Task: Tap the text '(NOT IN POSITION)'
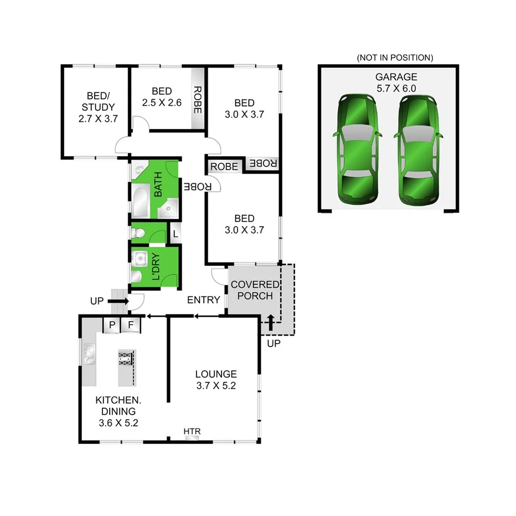(395, 58)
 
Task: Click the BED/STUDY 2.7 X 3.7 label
(98, 106)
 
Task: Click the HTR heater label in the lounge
(192, 431)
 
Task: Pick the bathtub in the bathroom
(140, 202)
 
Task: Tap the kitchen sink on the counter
(89, 354)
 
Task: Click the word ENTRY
(204, 300)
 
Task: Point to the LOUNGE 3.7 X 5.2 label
(216, 380)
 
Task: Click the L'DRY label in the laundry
(156, 266)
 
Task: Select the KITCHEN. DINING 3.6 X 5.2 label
(116, 411)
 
